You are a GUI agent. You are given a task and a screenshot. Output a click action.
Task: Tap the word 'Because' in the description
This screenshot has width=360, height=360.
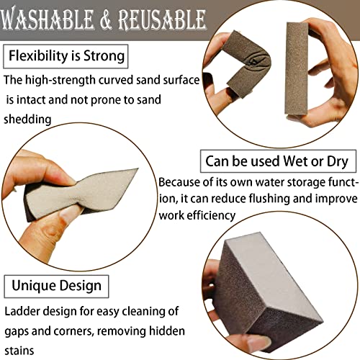183,183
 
